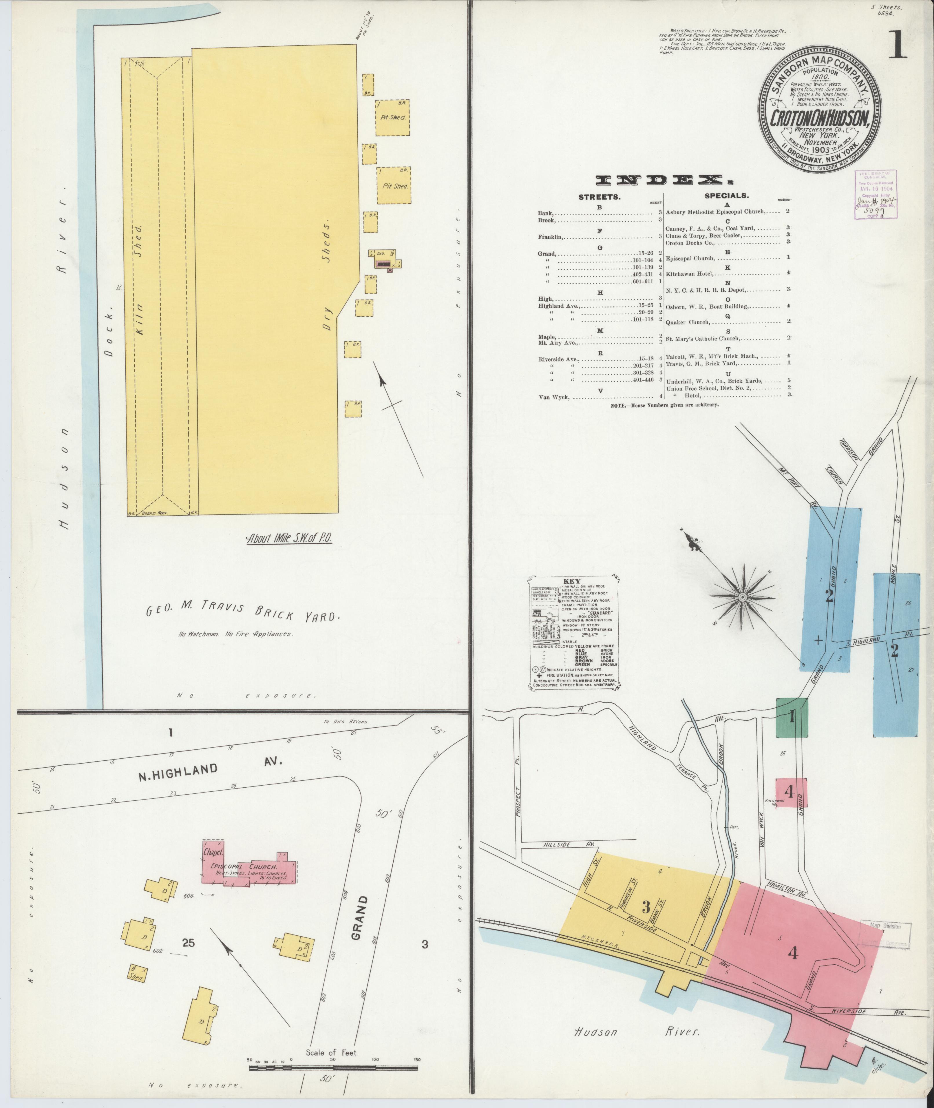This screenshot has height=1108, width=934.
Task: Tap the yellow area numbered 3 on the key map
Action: coord(646,906)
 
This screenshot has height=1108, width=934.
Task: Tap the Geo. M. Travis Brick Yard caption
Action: coord(242,611)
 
